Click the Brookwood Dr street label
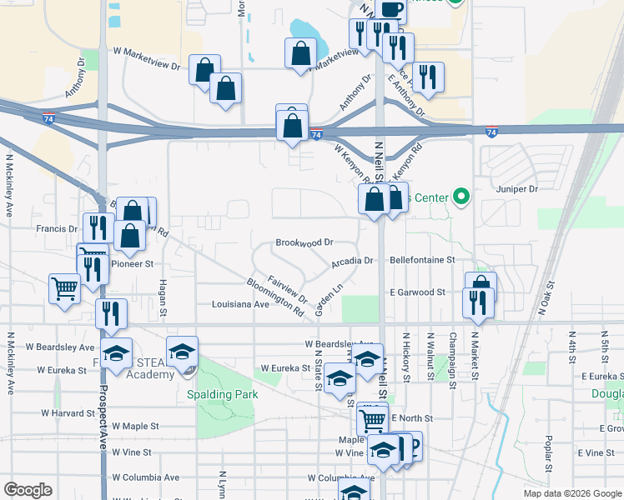pos(304,242)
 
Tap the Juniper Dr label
pos(516,189)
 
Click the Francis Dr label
pos(57,227)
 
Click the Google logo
pos(28,490)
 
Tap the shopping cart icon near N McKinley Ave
pos(64,288)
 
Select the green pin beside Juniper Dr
pos(460,197)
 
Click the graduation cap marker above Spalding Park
pos(182,351)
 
